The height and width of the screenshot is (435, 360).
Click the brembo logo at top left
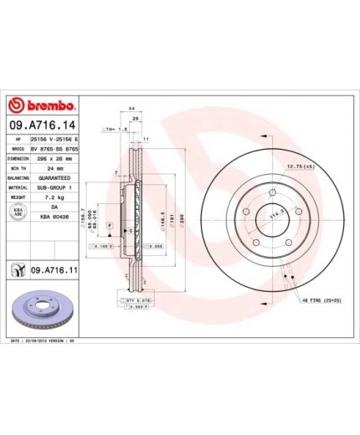pyautogui.click(x=42, y=105)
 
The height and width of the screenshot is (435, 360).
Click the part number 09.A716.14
pyautogui.click(x=42, y=123)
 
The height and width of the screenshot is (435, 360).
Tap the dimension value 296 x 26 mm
pyautogui.click(x=52, y=156)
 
